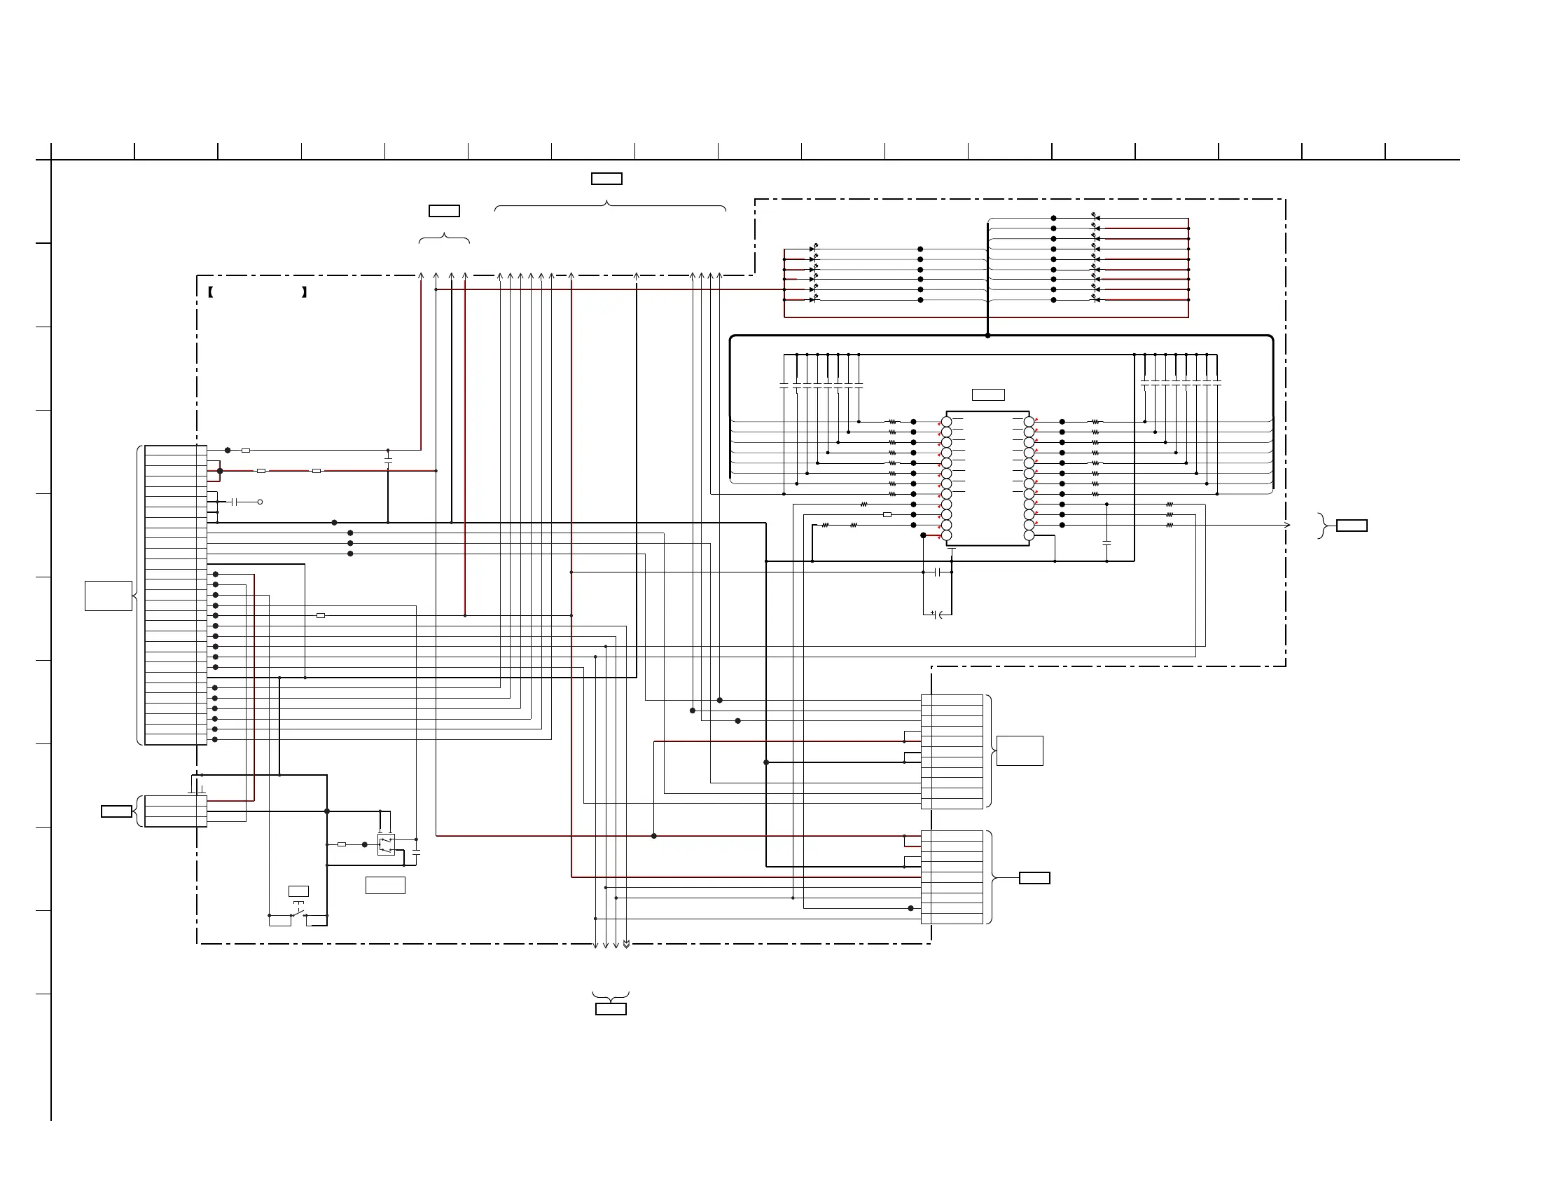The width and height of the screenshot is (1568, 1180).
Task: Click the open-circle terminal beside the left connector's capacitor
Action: click(x=260, y=502)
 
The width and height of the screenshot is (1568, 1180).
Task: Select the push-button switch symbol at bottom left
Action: click(x=298, y=912)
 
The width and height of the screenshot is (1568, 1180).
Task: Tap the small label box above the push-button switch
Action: click(x=298, y=891)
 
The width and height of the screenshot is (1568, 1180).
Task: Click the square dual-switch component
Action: click(x=386, y=844)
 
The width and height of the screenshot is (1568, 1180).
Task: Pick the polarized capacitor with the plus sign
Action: click(x=936, y=613)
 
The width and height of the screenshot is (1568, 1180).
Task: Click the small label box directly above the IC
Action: click(x=988, y=395)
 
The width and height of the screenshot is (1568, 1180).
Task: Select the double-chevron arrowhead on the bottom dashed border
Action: click(x=627, y=944)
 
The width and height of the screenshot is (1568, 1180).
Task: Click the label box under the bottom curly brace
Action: click(x=611, y=1009)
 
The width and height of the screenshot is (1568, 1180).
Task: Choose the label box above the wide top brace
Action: click(x=606, y=179)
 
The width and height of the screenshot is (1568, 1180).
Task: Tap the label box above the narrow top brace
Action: click(x=445, y=211)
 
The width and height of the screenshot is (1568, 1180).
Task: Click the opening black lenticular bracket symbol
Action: click(x=211, y=292)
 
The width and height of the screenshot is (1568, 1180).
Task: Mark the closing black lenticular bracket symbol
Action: click(x=304, y=292)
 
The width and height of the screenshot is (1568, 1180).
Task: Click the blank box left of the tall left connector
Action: click(x=109, y=596)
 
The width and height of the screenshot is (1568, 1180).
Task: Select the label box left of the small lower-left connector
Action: click(x=116, y=811)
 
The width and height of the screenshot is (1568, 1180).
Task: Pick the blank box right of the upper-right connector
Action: click(x=1020, y=751)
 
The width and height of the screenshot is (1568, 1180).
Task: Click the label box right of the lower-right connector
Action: click(x=1034, y=878)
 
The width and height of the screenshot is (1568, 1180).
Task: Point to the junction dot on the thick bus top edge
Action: click(x=987, y=336)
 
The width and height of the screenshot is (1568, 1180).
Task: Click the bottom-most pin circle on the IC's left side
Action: click(x=946, y=535)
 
